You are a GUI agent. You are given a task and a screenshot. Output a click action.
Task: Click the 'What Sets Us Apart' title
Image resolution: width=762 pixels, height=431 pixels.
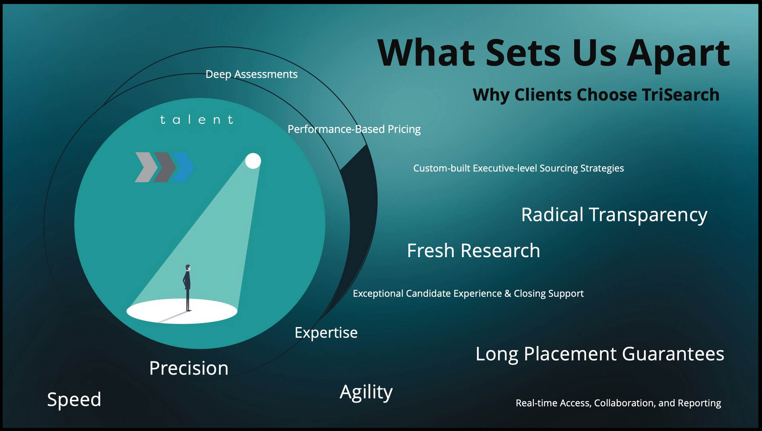tap(554, 54)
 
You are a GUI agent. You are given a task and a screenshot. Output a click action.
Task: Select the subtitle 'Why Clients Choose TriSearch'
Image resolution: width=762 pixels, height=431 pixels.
tap(596, 95)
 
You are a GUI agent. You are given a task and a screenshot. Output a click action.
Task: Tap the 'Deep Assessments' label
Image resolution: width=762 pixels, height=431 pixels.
tap(252, 75)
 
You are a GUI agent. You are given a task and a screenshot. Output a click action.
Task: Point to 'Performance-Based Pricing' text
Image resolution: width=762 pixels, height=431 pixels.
tap(354, 129)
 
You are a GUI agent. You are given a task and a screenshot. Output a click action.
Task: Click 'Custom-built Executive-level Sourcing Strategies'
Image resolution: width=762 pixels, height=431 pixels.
tap(518, 168)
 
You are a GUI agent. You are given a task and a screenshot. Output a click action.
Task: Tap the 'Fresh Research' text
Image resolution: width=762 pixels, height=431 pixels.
tap(473, 251)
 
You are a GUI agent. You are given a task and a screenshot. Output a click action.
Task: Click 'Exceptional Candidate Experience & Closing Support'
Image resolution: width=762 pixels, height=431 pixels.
tap(468, 294)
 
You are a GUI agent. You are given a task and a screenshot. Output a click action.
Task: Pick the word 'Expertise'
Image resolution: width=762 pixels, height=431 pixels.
tap(326, 333)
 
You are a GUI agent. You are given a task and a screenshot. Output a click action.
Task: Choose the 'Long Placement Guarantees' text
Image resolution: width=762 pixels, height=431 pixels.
tap(600, 354)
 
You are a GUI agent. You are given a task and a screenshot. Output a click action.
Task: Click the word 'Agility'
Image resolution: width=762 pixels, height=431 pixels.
tap(366, 393)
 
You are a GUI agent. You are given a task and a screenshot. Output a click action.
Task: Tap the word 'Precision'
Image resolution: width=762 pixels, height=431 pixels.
tap(189, 368)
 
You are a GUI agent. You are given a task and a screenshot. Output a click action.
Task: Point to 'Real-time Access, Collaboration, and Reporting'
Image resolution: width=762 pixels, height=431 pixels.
tap(618, 403)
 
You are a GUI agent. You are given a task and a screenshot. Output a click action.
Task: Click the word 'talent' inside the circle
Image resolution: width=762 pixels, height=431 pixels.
tap(197, 119)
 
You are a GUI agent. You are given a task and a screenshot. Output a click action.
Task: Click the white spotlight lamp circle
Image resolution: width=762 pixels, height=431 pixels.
tap(253, 161)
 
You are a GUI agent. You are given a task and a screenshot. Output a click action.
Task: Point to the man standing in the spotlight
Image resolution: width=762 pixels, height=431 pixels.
tap(187, 288)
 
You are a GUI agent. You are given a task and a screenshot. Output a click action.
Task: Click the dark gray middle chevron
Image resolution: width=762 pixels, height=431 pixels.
tap(165, 167)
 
